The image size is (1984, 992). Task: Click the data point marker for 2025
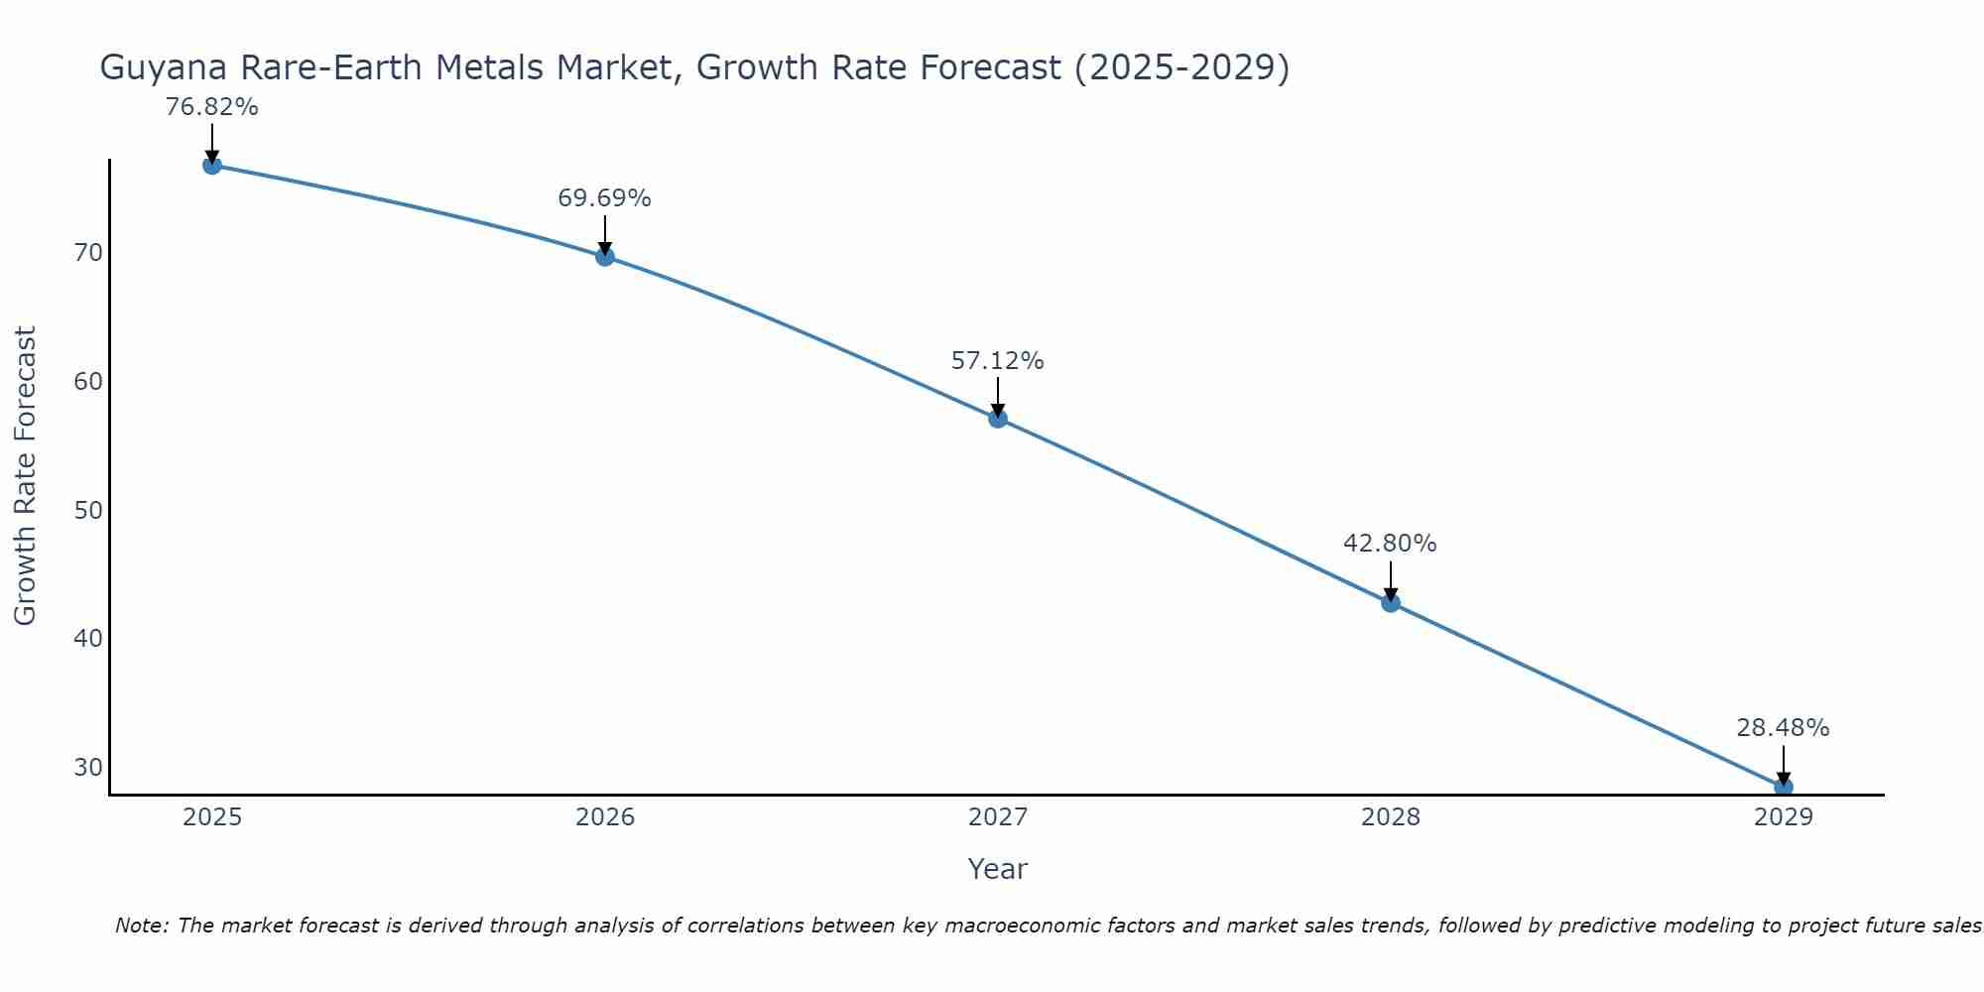[x=211, y=165]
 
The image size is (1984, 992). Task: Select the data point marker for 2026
[x=605, y=257]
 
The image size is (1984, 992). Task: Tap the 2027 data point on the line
[x=998, y=419]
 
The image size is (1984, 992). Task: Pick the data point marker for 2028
[x=1391, y=602]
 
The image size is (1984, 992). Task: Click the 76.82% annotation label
[x=211, y=107]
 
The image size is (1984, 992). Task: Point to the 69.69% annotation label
[x=604, y=198]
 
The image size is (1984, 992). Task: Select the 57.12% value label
[x=997, y=361]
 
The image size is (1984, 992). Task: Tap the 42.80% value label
[x=1390, y=544]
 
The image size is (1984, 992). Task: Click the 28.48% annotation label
[x=1783, y=728]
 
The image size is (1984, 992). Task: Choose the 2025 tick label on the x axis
[x=212, y=817]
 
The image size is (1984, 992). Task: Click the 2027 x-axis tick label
[x=998, y=817]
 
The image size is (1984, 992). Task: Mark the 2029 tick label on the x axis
[x=1784, y=817]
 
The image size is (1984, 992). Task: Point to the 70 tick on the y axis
[x=88, y=253]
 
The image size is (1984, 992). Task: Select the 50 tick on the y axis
[x=88, y=511]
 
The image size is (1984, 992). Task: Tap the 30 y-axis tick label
[x=88, y=768]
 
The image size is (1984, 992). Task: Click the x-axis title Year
[x=997, y=869]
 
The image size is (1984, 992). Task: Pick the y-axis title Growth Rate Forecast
[x=26, y=476]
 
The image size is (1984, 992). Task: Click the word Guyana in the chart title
[x=160, y=68]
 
